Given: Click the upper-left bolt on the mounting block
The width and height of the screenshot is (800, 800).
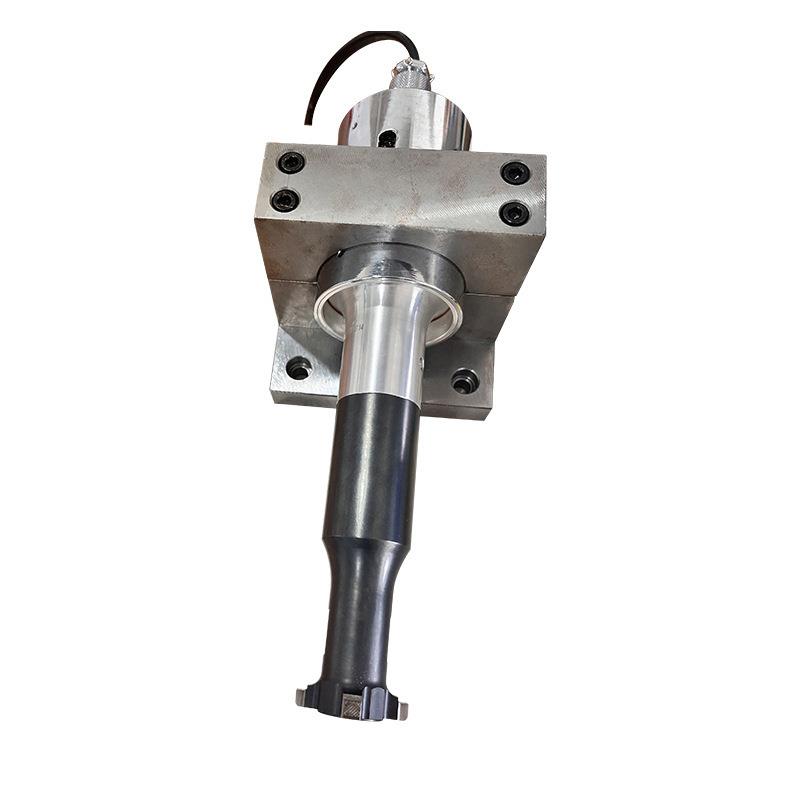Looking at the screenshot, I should click(x=291, y=161).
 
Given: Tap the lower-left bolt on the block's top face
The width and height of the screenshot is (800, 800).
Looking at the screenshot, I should click(x=284, y=200).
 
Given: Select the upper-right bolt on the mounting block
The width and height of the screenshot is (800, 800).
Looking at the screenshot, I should click(x=515, y=172).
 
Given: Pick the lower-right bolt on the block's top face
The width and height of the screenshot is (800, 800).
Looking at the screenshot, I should click(x=514, y=213).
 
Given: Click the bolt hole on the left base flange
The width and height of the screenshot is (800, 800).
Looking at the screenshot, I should click(x=298, y=368).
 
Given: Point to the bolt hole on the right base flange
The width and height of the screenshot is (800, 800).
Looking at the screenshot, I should click(x=464, y=381).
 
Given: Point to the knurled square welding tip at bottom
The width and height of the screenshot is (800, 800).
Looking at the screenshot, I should click(x=354, y=706).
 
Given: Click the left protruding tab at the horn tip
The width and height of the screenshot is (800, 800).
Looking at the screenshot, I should click(x=304, y=694).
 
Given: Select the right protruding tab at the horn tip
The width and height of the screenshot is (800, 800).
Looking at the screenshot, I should click(x=402, y=709).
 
